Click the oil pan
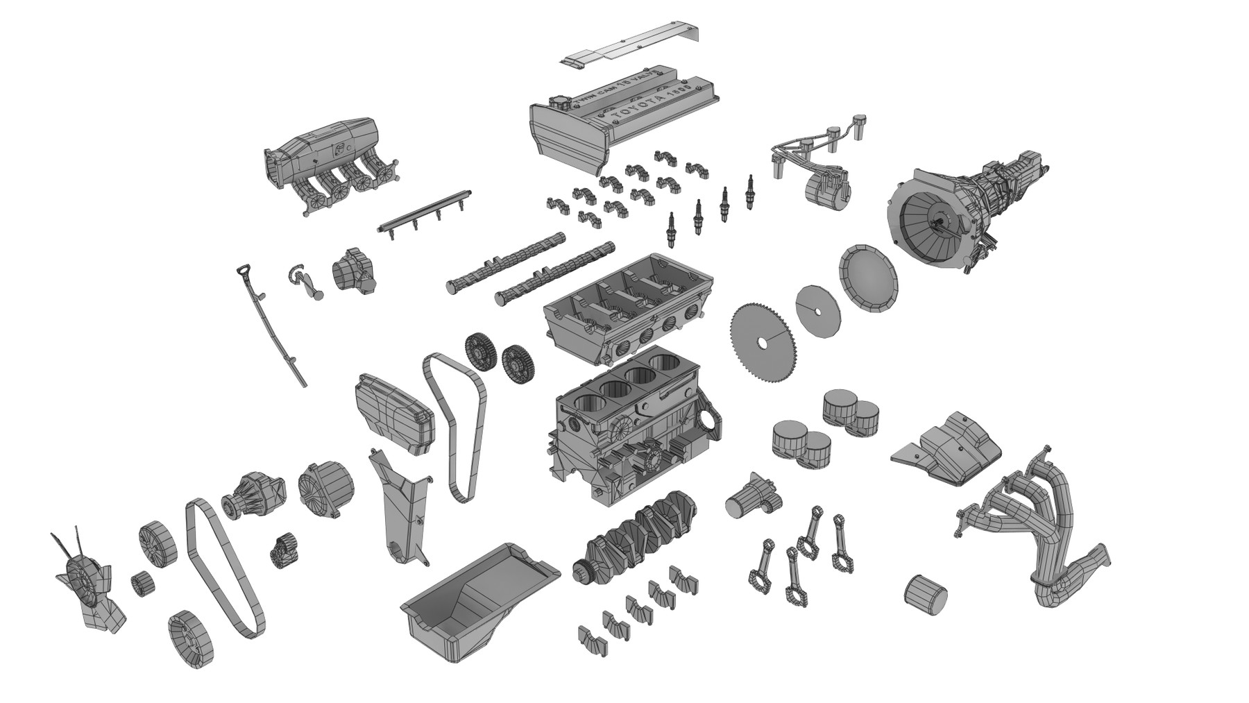coord(479,597)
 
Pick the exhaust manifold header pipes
coord(1034,527)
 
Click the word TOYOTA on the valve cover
coord(649,108)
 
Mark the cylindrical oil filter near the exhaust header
coord(926,594)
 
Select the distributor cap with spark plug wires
coord(826,186)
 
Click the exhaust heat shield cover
coord(951,444)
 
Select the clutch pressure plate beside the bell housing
coord(867,278)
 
